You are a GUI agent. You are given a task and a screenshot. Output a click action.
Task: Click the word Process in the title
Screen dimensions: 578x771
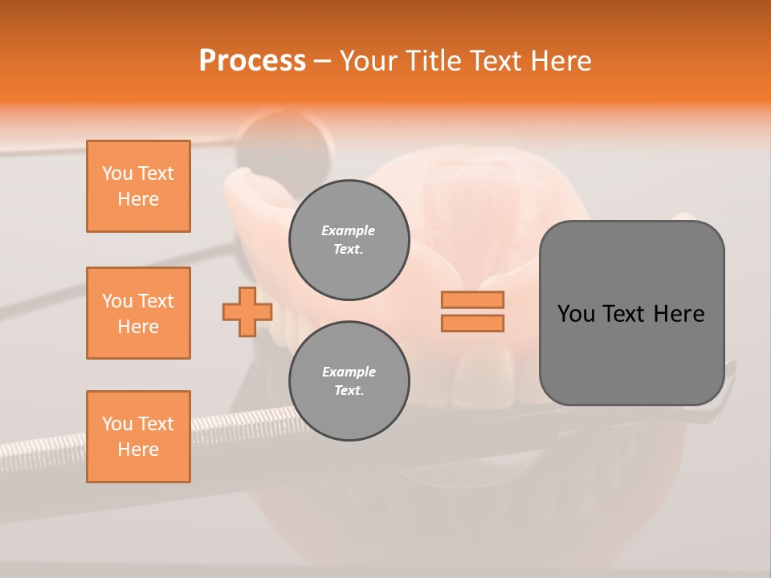click(x=252, y=61)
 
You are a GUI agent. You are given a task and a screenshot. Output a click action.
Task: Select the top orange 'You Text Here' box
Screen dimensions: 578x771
click(x=138, y=186)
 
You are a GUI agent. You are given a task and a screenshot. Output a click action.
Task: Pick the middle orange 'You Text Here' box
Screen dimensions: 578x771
click(x=138, y=313)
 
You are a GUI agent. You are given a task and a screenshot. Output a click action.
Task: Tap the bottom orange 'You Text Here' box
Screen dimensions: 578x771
click(x=138, y=437)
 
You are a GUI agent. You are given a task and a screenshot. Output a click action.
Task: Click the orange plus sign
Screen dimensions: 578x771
click(x=247, y=311)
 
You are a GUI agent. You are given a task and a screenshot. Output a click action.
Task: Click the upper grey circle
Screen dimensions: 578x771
click(x=349, y=239)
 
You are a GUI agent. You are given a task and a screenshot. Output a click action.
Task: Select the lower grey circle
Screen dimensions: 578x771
click(x=349, y=381)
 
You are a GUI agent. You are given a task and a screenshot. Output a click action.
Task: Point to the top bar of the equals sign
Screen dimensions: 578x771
click(x=472, y=299)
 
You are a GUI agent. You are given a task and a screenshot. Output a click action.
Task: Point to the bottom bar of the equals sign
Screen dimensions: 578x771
click(x=472, y=323)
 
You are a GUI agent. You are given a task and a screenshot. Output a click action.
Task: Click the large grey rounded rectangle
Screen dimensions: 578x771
click(x=631, y=361)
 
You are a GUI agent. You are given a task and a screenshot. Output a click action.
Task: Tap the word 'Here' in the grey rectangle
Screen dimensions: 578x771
click(x=679, y=314)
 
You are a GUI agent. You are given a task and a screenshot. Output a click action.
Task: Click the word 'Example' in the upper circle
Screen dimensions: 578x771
click(x=349, y=230)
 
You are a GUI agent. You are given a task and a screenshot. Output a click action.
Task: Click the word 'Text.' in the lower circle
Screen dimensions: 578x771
click(x=349, y=391)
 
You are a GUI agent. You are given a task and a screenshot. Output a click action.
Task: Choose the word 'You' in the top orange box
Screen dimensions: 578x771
click(x=116, y=173)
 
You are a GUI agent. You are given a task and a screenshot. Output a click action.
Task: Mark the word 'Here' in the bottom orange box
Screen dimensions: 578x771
click(x=138, y=450)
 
